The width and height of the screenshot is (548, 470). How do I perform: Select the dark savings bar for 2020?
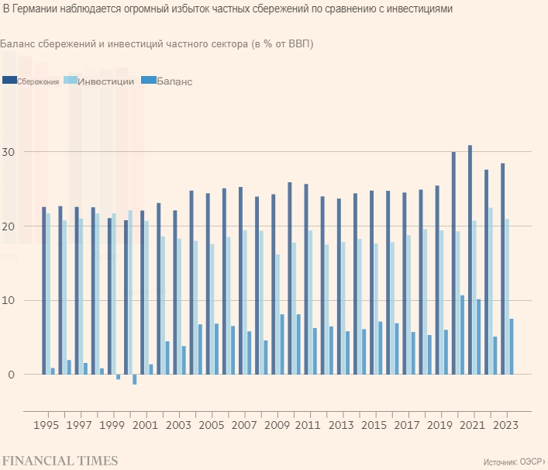[x=453, y=263]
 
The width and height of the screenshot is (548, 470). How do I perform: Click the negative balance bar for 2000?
[x=134, y=379]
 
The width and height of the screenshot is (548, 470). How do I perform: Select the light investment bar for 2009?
[x=277, y=314]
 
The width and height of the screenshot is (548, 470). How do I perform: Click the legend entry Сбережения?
[x=39, y=81]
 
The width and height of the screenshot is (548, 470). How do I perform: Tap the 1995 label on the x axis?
[x=48, y=425]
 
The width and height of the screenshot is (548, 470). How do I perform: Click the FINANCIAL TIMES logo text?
[x=59, y=461]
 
